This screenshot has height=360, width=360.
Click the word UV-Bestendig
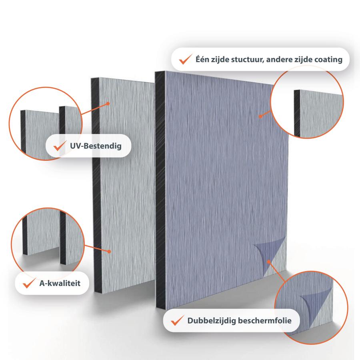point(96,146)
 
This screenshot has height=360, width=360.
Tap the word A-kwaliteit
point(60,283)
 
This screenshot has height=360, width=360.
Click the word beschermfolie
point(264,320)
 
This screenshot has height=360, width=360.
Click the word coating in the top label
point(328,60)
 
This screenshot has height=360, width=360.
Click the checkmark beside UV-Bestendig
point(60,146)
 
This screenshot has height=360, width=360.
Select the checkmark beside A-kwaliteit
point(29,283)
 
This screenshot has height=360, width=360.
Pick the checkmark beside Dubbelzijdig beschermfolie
point(178,320)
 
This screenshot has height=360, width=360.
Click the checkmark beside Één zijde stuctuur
point(186,59)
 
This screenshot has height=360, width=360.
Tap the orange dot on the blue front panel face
point(260,116)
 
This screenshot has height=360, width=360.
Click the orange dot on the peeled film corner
point(269,262)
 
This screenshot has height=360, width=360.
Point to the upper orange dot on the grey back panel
point(108,104)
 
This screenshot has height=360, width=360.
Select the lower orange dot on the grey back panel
point(109,252)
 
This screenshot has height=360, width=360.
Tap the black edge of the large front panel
point(160,190)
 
